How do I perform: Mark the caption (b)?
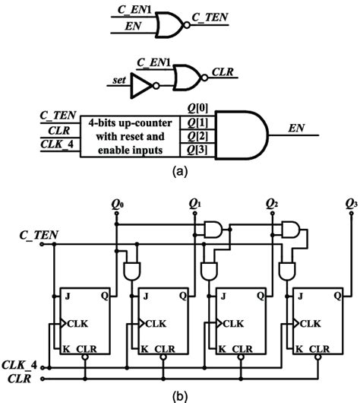181,394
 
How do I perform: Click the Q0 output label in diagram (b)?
116,204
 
